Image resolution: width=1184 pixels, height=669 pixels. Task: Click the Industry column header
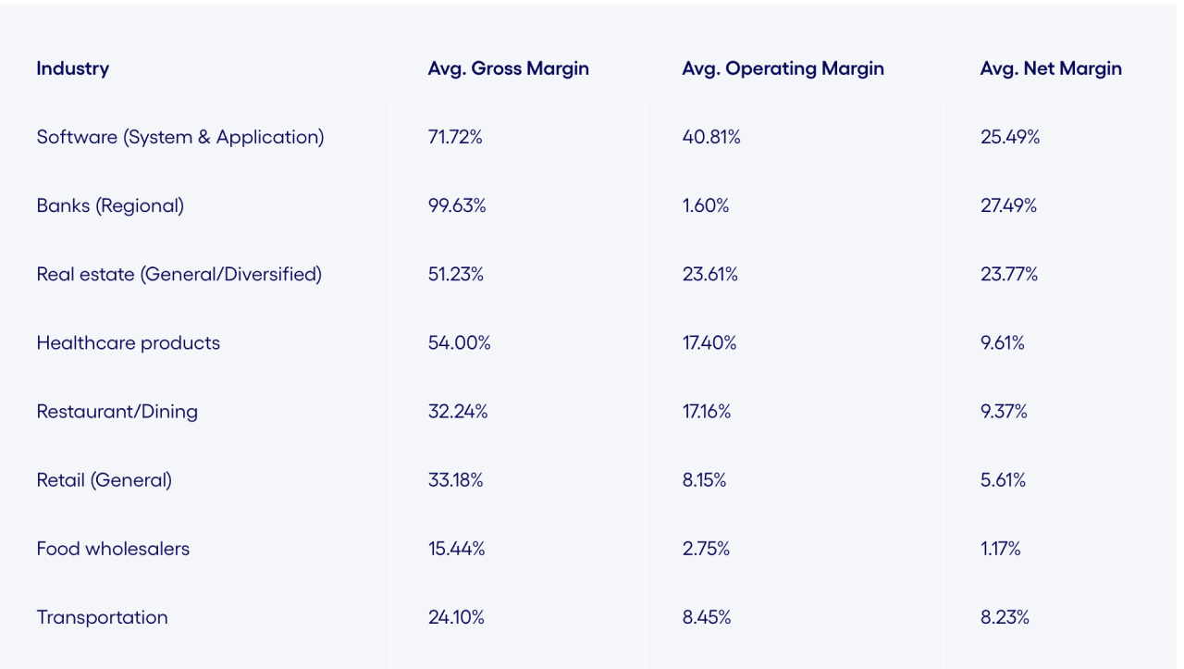click(73, 68)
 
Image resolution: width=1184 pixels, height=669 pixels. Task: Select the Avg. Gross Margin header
click(508, 68)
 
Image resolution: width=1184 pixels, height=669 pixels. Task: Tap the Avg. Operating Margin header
click(783, 68)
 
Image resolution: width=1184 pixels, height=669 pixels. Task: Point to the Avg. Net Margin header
click(1051, 68)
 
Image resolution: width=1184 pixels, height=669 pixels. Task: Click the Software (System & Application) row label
click(180, 137)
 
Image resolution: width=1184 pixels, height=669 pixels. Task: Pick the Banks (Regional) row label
click(110, 205)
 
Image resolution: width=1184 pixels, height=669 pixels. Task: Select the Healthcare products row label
click(129, 342)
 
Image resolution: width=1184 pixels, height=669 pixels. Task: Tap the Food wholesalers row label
click(113, 549)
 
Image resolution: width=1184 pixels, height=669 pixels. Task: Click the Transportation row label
click(103, 617)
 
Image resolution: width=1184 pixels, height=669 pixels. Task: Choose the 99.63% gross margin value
click(457, 205)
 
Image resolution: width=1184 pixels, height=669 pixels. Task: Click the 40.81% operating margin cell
click(711, 137)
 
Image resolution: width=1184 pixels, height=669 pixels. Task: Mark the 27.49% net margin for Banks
click(1008, 205)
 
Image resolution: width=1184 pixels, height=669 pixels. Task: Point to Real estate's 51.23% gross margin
click(456, 274)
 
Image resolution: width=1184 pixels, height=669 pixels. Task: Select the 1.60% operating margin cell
click(706, 205)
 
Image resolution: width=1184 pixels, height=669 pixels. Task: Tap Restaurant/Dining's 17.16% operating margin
click(707, 411)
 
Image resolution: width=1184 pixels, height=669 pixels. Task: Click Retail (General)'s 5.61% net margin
click(1003, 479)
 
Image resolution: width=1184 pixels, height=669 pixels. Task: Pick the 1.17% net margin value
click(1001, 549)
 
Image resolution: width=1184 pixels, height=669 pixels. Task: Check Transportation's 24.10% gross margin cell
click(456, 617)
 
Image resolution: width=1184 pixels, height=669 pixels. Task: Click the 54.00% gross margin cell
click(459, 342)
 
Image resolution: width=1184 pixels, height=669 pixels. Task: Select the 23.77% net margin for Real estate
click(1009, 274)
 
